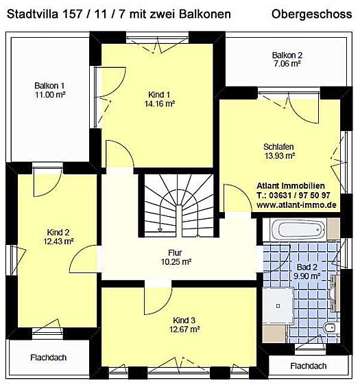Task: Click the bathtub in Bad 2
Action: (x=298, y=230)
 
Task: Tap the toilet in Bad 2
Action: (x=330, y=328)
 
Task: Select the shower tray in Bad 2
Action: (x=278, y=306)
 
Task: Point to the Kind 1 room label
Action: (x=159, y=95)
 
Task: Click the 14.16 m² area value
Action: (x=160, y=104)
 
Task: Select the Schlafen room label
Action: (x=278, y=147)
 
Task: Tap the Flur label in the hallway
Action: (x=175, y=253)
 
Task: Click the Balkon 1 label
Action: (x=49, y=86)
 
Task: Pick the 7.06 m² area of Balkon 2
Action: (x=287, y=64)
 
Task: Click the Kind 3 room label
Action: (x=184, y=320)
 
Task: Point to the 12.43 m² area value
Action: (x=59, y=242)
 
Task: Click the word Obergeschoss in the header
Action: (x=311, y=14)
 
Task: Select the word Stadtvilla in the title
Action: (x=33, y=14)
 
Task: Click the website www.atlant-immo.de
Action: (x=296, y=205)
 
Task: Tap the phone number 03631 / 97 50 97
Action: (x=300, y=195)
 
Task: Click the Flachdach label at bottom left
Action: (x=49, y=358)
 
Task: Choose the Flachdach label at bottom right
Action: (x=309, y=366)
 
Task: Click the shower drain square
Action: (x=278, y=306)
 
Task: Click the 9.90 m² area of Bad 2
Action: (x=307, y=277)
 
